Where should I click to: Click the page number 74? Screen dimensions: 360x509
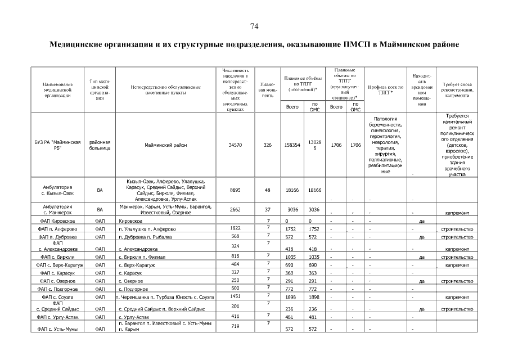pyautogui.click(x=254, y=26)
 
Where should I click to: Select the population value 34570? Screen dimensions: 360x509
pyautogui.click(x=235, y=145)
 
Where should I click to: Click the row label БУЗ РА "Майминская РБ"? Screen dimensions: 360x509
pyautogui.click(x=58, y=145)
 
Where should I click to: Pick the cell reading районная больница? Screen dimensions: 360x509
pyautogui.click(x=100, y=145)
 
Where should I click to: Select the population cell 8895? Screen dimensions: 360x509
pyautogui.click(x=235, y=190)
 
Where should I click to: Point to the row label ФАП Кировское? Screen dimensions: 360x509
pyautogui.click(x=58, y=221)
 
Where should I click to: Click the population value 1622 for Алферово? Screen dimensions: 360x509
pyautogui.click(x=235, y=228)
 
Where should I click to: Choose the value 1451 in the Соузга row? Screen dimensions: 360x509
pyautogui.click(x=235, y=295)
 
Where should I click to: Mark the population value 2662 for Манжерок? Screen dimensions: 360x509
pyautogui.click(x=235, y=209)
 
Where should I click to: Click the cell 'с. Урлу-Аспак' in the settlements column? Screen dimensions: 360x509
pyautogui.click(x=133, y=318)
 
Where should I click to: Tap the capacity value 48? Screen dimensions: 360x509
pyautogui.click(x=268, y=190)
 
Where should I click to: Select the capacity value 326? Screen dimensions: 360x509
pyautogui.click(x=268, y=145)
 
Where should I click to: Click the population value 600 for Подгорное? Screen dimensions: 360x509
pyautogui.click(x=235, y=287)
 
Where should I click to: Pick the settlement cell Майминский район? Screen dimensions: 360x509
pyautogui.click(x=164, y=145)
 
